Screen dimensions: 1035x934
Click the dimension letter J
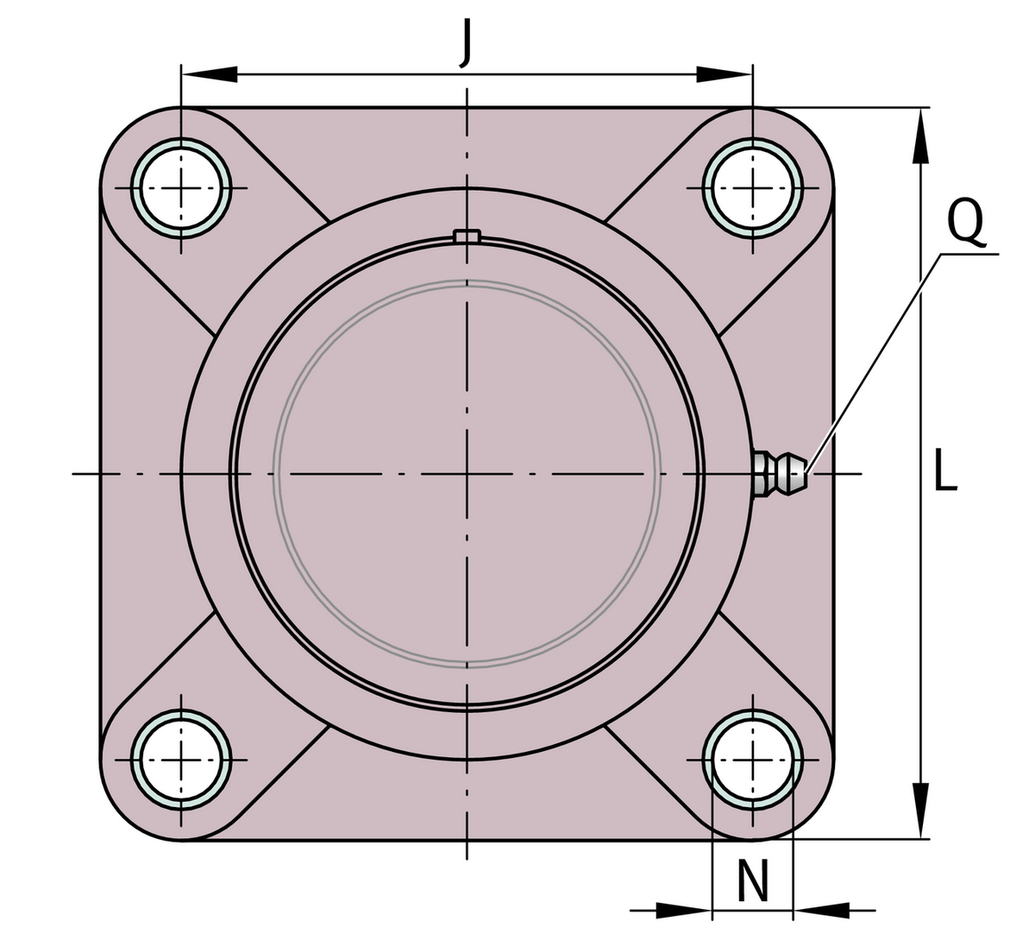tap(467, 43)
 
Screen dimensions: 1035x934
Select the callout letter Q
tap(966, 221)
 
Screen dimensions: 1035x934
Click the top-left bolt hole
tap(180, 187)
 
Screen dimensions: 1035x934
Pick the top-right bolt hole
tap(752, 187)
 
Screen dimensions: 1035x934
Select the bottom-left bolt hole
tap(180, 760)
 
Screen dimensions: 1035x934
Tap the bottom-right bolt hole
tap(752, 760)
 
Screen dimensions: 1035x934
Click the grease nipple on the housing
tap(779, 473)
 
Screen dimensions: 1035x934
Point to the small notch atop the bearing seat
tap(467, 236)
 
